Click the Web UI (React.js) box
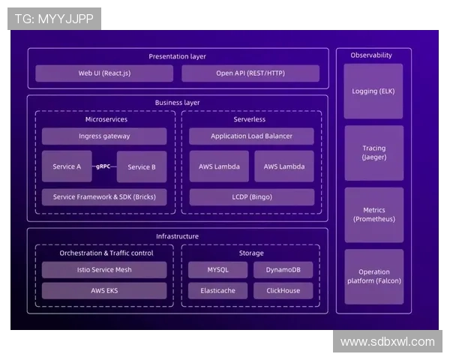pyautogui.click(x=104, y=73)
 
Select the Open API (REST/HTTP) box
pyautogui.click(x=250, y=73)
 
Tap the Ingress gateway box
pyautogui.click(x=104, y=136)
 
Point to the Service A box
pyautogui.click(x=67, y=166)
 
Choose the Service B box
pyautogui.click(x=142, y=166)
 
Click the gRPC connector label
pyautogui.click(x=104, y=166)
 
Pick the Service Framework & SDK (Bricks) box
pyautogui.click(x=104, y=197)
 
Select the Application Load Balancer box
pyautogui.click(x=251, y=136)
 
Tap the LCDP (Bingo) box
pyautogui.click(x=251, y=197)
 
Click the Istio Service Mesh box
pyautogui.click(x=104, y=269)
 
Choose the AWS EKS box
pyautogui.click(x=104, y=290)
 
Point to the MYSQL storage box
pyautogui.click(x=217, y=269)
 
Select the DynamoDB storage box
pyautogui.click(x=283, y=269)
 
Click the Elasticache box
pyautogui.click(x=217, y=290)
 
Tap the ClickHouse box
pyautogui.click(x=283, y=290)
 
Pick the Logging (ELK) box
pyautogui.click(x=373, y=91)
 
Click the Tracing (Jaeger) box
pyautogui.click(x=373, y=153)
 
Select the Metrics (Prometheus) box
pyautogui.click(x=373, y=214)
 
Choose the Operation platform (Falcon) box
pyautogui.click(x=373, y=277)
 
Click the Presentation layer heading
pyautogui.click(x=177, y=56)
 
